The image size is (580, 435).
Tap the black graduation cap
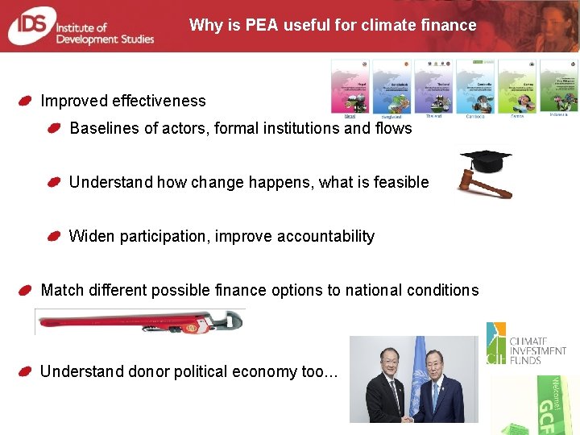[x=486, y=160]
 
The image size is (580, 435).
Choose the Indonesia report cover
[x=557, y=85]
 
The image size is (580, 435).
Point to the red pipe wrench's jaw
[x=230, y=321]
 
